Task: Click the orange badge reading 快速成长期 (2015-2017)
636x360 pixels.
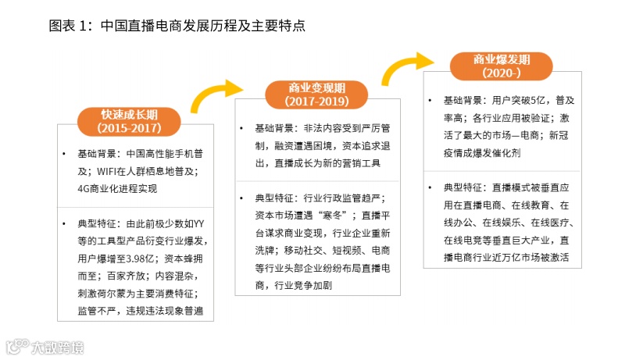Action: tap(129, 119)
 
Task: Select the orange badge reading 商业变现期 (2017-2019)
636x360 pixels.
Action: tap(316, 94)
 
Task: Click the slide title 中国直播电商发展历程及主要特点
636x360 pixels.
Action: tap(176, 25)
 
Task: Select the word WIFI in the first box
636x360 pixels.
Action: tap(110, 171)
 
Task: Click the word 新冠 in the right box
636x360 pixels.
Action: tap(561, 136)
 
